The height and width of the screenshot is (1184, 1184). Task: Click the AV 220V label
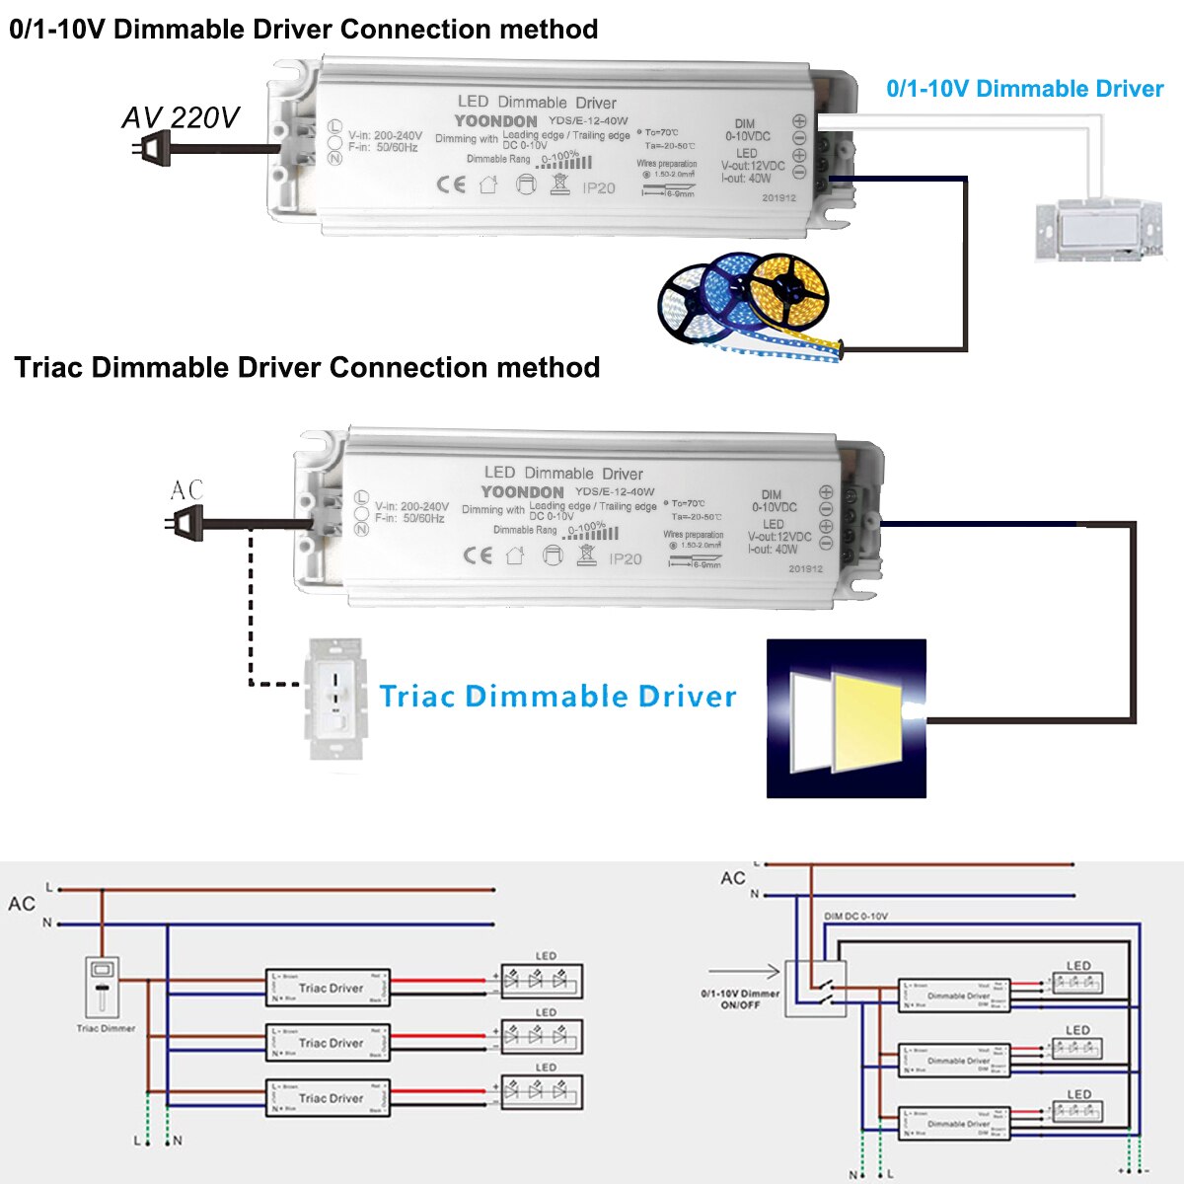coord(180,117)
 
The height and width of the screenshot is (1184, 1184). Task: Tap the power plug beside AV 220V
coord(150,149)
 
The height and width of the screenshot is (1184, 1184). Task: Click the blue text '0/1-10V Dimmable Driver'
coord(1024,89)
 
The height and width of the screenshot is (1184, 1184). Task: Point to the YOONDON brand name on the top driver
coord(495,121)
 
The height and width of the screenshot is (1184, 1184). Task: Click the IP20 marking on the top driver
coord(598,187)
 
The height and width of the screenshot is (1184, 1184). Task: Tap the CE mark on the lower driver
coord(478,555)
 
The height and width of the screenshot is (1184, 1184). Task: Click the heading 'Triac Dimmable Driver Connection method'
coord(307,367)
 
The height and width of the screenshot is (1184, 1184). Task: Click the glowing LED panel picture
coord(847,718)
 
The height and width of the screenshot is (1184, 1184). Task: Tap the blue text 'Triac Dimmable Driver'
coord(557,697)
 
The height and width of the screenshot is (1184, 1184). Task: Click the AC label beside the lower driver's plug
coord(186,489)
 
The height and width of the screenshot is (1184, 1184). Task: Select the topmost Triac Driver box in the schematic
coord(329,988)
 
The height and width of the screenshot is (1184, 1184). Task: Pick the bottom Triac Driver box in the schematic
coord(329,1098)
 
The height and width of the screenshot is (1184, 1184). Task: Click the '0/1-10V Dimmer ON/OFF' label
coord(740,999)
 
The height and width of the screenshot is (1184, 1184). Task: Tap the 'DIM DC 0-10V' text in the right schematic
coord(855,917)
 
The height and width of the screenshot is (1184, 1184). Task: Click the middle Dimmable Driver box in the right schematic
coord(954,1061)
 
